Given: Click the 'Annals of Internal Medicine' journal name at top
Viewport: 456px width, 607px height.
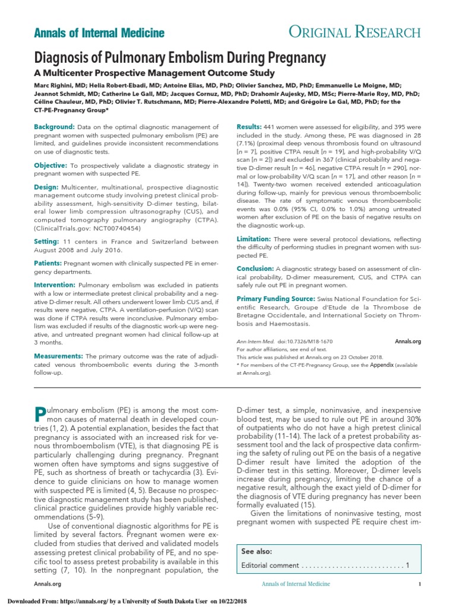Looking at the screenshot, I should click(99, 33).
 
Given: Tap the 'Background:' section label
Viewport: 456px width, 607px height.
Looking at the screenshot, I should click(54, 127).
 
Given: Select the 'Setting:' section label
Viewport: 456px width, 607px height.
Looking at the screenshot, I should click(49, 241).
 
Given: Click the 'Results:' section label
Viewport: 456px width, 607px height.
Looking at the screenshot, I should click(249, 127).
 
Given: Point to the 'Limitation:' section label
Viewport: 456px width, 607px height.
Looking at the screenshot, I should click(254, 238).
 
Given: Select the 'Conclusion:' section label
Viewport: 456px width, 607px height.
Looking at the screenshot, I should click(255, 269).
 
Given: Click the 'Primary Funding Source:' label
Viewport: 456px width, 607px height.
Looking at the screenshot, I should click(276, 299).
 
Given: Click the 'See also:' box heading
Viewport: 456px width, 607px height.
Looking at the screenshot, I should click(256, 551).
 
